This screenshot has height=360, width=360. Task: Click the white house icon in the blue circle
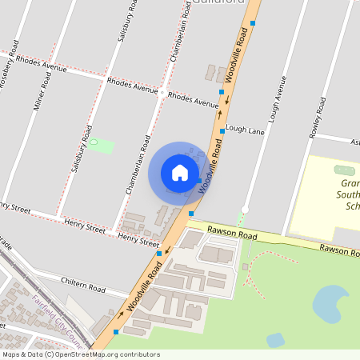tap(179, 173)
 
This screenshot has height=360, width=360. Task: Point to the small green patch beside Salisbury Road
tap(101, 146)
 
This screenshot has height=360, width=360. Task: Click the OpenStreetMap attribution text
tap(80, 354)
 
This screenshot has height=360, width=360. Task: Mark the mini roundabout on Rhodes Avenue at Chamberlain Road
tap(162, 94)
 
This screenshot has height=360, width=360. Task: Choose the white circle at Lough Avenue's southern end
tap(246, 210)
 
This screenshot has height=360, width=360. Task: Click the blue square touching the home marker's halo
tap(198, 182)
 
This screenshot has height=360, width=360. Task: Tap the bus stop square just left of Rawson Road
tap(191, 214)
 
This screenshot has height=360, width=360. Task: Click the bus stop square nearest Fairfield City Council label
tap(117, 331)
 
